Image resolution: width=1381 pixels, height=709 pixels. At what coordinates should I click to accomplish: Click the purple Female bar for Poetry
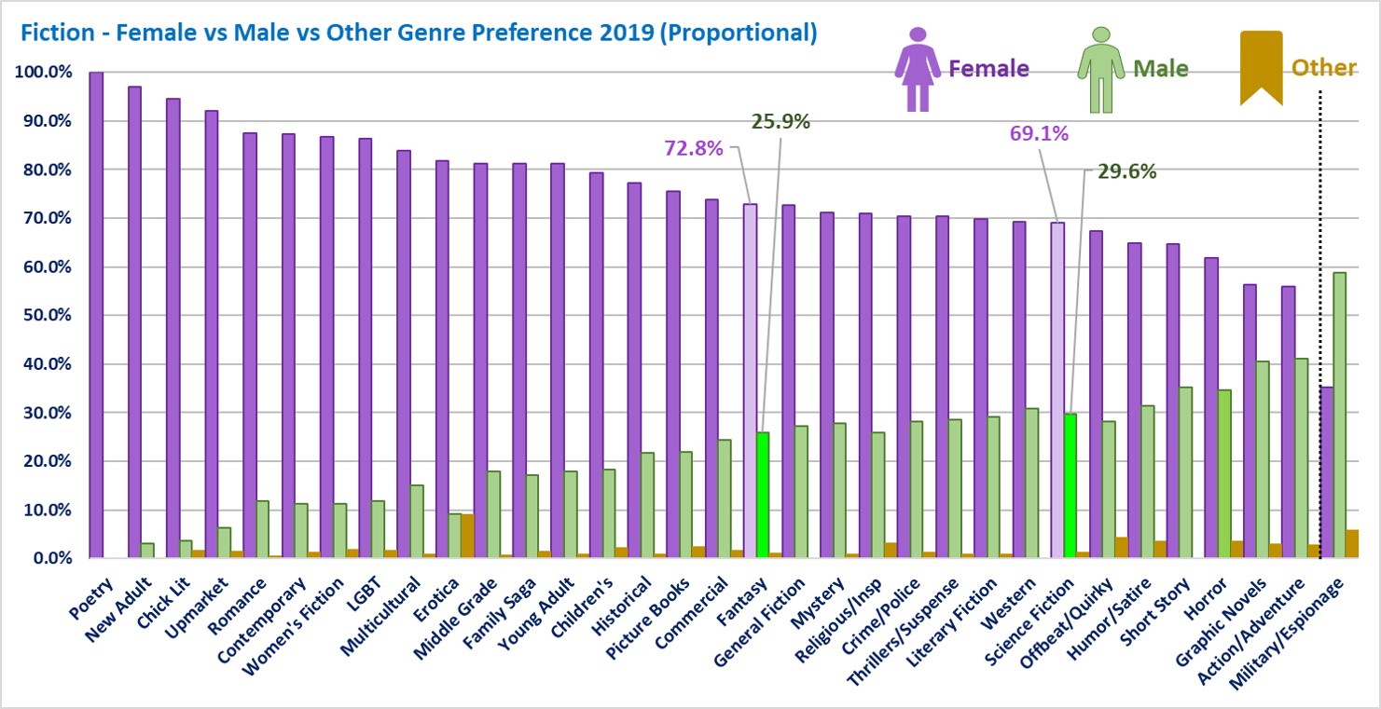tap(96, 315)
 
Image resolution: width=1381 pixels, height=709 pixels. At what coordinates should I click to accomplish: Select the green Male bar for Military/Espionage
tap(1339, 416)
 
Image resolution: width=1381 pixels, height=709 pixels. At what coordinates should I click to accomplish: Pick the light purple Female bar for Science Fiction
tap(1057, 390)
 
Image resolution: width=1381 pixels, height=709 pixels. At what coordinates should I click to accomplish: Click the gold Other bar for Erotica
tap(467, 537)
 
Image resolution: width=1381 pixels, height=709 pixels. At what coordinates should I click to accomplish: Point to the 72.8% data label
tap(693, 147)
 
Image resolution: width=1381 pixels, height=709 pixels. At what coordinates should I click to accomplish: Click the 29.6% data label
tap(1126, 170)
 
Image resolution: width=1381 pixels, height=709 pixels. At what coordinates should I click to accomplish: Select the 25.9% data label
tap(780, 121)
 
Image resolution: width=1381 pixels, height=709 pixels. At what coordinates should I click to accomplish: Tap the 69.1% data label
tap(1039, 133)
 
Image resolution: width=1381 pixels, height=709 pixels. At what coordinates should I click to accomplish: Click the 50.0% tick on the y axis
tap(45, 316)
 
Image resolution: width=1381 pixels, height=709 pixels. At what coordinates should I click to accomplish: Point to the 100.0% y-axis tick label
tap(41, 73)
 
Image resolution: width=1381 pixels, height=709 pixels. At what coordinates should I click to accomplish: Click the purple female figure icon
tap(918, 69)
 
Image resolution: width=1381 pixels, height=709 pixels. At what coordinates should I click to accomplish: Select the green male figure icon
tap(1101, 69)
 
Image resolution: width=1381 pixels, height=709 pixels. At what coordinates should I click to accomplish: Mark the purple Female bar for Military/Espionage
tap(1326, 472)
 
